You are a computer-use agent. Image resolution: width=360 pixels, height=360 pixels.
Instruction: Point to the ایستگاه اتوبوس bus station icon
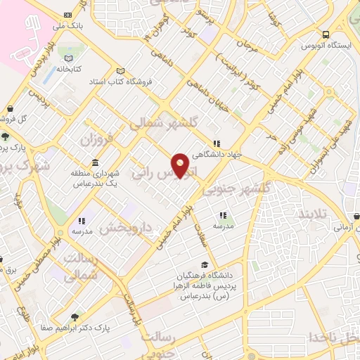point(326,34)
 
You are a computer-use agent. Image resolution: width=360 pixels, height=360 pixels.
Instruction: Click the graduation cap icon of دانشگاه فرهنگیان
point(204,264)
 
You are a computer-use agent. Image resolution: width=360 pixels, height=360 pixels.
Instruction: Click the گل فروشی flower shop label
point(27,118)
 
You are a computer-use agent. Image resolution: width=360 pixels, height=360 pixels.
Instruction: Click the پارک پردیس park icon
point(6,137)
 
